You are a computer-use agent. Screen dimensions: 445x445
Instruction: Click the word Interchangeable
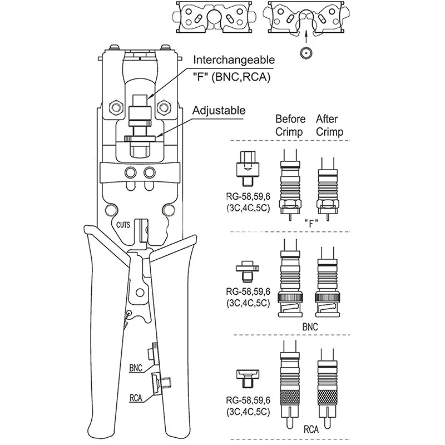point(234,60)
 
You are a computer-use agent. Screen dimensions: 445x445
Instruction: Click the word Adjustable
point(219,110)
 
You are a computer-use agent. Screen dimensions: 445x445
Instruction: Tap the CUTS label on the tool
point(123,225)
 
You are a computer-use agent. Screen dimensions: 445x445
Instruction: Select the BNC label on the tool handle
point(136,368)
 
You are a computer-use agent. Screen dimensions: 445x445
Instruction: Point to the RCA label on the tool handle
point(136,398)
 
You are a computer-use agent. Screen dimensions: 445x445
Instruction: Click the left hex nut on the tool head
point(116,107)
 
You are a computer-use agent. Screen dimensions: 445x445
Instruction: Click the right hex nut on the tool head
point(164,107)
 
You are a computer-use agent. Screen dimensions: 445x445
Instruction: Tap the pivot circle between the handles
point(140,293)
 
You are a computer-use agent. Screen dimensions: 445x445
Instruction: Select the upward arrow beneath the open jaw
point(306,37)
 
